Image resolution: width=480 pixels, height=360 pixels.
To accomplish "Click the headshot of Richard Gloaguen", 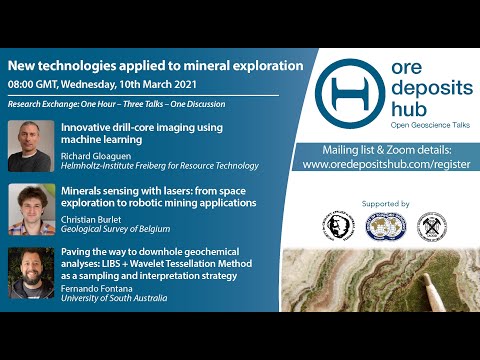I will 31,146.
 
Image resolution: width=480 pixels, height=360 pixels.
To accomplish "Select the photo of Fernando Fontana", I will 31,272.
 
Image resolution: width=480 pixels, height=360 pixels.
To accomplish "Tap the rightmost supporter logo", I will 431,225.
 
